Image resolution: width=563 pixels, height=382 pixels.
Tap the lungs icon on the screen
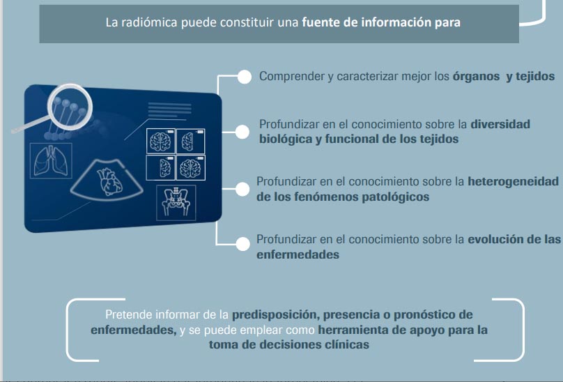coord(51,160)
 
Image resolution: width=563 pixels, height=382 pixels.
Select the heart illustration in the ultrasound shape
coord(109,181)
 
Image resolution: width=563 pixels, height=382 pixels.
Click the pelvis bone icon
coord(176,202)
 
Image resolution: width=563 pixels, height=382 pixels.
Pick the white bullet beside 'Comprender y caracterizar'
coord(244,77)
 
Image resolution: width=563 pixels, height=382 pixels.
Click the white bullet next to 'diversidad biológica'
coord(242,132)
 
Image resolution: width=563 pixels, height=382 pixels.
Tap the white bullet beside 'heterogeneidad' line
coord(242,189)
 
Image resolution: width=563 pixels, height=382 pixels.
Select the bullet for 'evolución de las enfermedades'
coord(242,244)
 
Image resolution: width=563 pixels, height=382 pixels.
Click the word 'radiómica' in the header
coord(149,22)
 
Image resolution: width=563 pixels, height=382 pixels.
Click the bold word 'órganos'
coord(476,77)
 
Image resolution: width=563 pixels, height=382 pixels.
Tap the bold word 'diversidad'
coord(500,124)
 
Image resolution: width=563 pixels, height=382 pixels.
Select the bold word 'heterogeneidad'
coord(513,181)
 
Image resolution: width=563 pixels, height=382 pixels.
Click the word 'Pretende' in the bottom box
coord(128,315)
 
